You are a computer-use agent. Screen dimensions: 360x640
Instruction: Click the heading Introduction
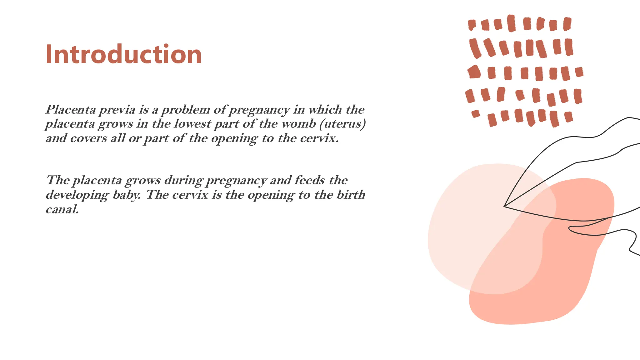[123, 54]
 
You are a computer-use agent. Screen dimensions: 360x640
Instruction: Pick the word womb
[298, 124]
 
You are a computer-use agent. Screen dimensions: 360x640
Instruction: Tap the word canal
[62, 209]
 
